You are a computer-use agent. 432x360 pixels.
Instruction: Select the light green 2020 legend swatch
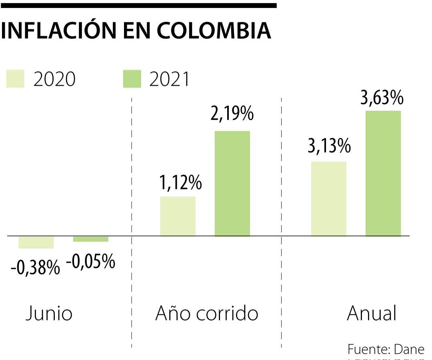click(15, 79)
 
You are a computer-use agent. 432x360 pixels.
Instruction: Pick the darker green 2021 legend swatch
click(132, 79)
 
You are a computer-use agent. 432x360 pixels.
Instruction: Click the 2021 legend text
click(169, 79)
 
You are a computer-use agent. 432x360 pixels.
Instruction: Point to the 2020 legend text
click(54, 79)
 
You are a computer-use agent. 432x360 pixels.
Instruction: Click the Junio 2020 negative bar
click(36, 242)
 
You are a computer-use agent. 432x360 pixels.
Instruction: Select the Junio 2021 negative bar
click(90, 239)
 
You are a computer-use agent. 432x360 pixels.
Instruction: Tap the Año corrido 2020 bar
click(178, 216)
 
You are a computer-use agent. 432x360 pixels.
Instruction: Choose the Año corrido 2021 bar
click(232, 184)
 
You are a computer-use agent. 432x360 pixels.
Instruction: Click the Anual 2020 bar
click(329, 199)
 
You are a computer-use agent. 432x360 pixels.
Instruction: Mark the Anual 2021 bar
click(383, 173)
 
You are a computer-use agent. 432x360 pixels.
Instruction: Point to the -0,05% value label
click(90, 262)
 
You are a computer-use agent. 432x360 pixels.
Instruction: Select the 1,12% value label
click(180, 183)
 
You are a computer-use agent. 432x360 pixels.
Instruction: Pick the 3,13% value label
click(329, 147)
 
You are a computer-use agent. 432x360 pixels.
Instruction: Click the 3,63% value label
click(382, 98)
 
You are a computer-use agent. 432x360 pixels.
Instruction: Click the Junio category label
click(49, 314)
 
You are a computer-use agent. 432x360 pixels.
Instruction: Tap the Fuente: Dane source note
click(386, 349)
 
